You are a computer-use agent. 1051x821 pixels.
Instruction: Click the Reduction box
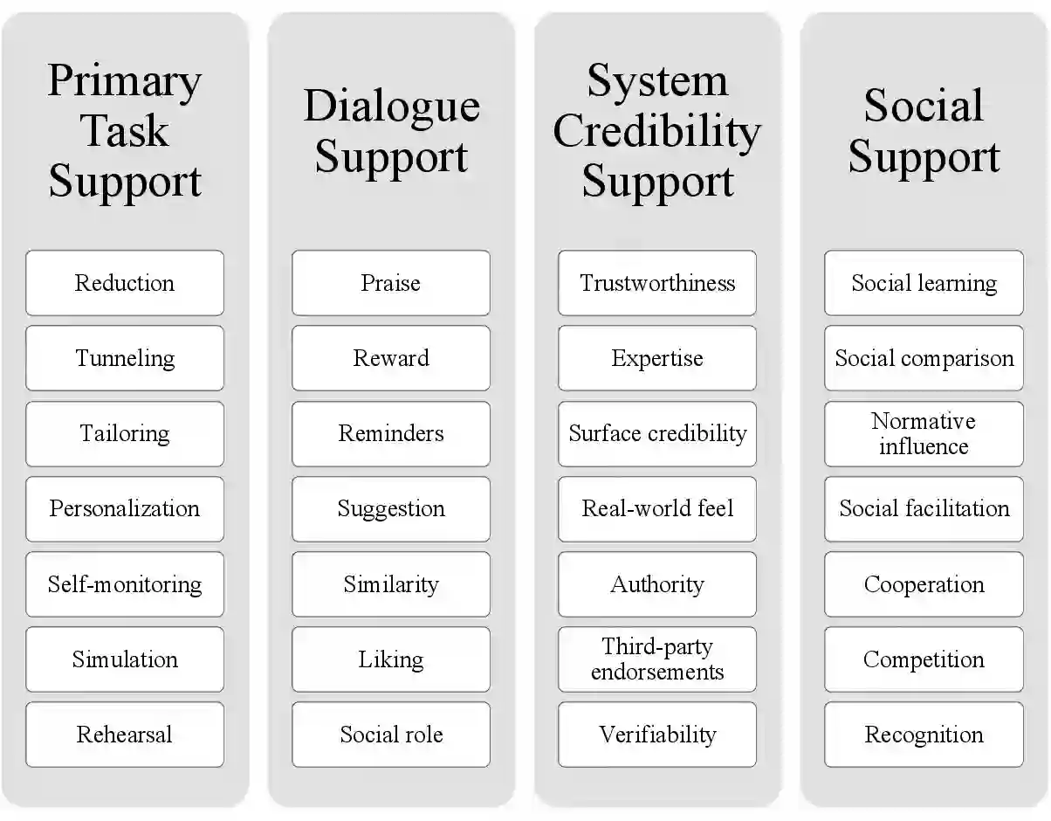click(125, 283)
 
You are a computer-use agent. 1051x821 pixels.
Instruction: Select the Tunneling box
click(125, 358)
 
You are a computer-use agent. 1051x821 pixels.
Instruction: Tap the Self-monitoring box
click(125, 584)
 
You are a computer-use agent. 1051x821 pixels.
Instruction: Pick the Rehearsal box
click(125, 735)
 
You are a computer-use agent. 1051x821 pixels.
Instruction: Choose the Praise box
click(391, 283)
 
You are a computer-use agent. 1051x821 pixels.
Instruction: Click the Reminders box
click(391, 433)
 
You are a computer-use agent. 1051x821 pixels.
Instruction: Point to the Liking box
click(391, 659)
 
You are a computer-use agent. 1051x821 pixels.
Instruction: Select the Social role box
click(391, 735)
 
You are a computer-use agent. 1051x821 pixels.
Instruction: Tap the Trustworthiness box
click(657, 283)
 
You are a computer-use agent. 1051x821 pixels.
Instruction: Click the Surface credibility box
click(657, 433)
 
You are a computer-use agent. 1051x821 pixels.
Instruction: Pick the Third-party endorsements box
click(657, 659)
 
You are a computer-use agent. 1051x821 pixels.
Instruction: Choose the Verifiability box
click(657, 735)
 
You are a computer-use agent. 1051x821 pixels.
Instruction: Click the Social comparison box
click(924, 358)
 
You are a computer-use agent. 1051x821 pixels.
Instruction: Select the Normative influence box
click(924, 433)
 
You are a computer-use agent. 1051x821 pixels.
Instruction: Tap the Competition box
click(924, 659)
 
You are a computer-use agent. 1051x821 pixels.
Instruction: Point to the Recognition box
click(924, 735)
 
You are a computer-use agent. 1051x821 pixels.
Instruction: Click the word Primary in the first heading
click(125, 81)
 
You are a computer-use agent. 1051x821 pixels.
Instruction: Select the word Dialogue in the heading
click(391, 107)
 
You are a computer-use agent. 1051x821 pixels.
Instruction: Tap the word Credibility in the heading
click(657, 132)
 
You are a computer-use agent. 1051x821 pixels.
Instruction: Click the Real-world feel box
click(657, 509)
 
